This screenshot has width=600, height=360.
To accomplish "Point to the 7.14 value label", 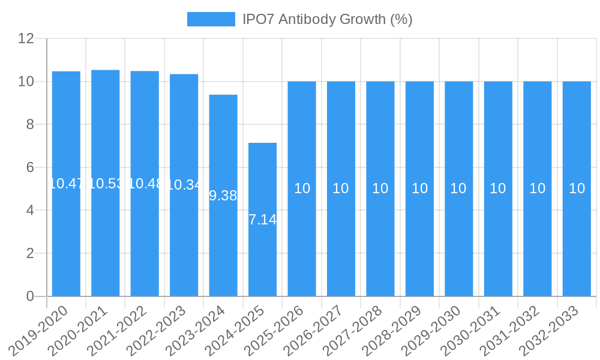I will tap(262, 220).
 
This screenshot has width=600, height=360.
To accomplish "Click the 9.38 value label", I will tap(223, 196).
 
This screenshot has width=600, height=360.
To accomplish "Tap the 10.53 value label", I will tap(105, 184).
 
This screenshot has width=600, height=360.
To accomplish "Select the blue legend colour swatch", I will tap(211, 19).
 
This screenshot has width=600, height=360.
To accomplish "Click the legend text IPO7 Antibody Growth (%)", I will tap(327, 19).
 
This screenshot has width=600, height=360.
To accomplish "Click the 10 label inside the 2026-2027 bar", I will tap(341, 188).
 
